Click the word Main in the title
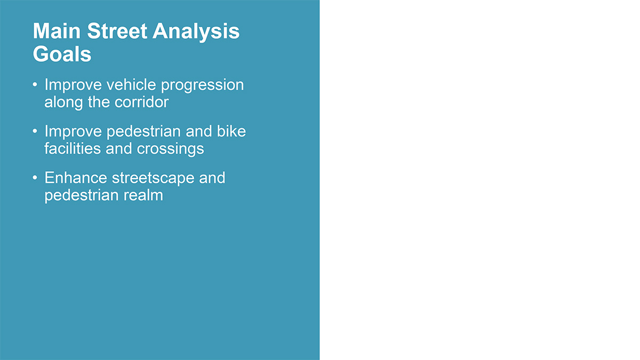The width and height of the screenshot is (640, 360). (57, 31)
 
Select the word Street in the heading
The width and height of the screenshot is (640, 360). (117, 31)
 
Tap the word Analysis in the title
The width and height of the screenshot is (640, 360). (196, 32)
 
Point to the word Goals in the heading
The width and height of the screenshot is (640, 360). (62, 54)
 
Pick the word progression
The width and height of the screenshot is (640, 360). (202, 86)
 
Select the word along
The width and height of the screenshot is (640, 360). (63, 102)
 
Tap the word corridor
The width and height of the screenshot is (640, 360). (141, 102)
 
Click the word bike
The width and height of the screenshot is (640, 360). (231, 131)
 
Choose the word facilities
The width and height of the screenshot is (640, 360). (73, 149)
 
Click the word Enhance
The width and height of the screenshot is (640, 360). (76, 178)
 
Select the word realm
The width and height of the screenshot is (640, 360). (143, 195)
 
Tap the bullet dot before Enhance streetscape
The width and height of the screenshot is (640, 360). (35, 178)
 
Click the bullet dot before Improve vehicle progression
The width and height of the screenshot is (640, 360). (35, 85)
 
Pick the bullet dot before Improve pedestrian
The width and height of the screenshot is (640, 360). (35, 131)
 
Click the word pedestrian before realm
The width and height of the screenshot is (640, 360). (82, 196)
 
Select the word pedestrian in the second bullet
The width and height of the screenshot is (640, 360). (143, 132)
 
